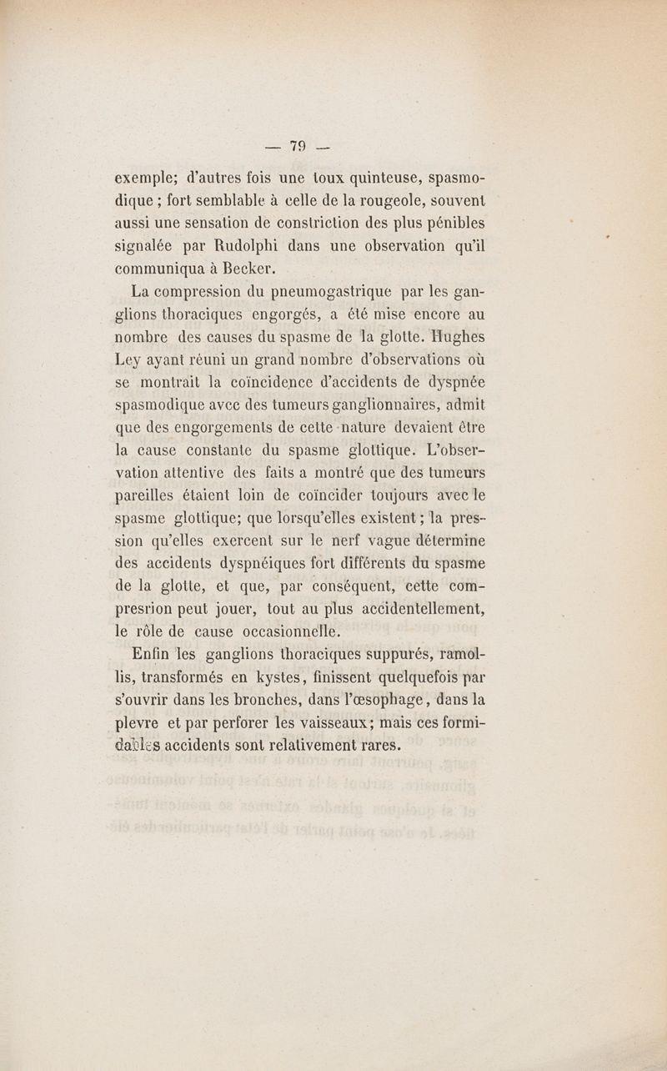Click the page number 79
(298, 148)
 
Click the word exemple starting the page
(148, 178)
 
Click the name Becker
(231, 269)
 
